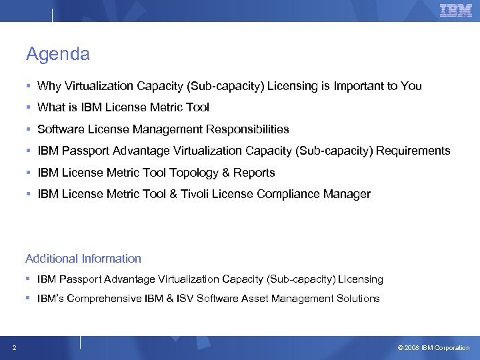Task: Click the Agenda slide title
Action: pyautogui.click(x=57, y=54)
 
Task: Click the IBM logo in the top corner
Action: pyautogui.click(x=456, y=10)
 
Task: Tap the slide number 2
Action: pyautogui.click(x=14, y=347)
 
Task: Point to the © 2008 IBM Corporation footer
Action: pyautogui.click(x=433, y=348)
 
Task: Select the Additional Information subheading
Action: pyautogui.click(x=83, y=259)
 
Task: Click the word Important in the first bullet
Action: pyautogui.click(x=361, y=86)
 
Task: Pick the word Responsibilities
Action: pyautogui.click(x=247, y=129)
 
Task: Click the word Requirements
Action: pyautogui.click(x=413, y=151)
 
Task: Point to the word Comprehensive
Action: pyautogui.click(x=105, y=299)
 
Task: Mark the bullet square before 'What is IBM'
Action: pyautogui.click(x=29, y=107)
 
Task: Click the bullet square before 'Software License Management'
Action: pyautogui.click(x=29, y=129)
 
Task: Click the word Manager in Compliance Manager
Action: pyautogui.click(x=347, y=195)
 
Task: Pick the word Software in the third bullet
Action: pyautogui.click(x=61, y=129)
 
